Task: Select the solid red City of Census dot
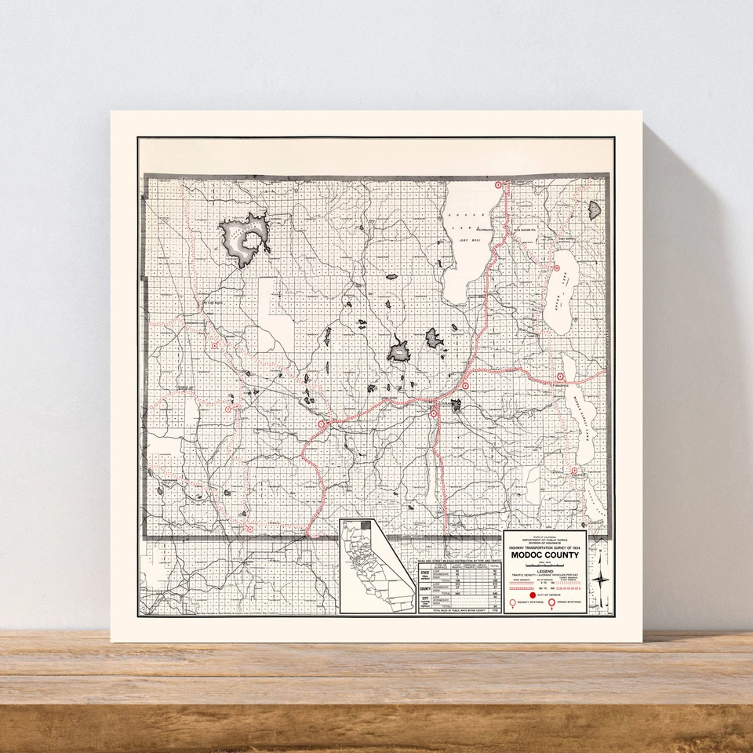point(533,595)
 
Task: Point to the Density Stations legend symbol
point(514,604)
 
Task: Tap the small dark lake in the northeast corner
point(594,209)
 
